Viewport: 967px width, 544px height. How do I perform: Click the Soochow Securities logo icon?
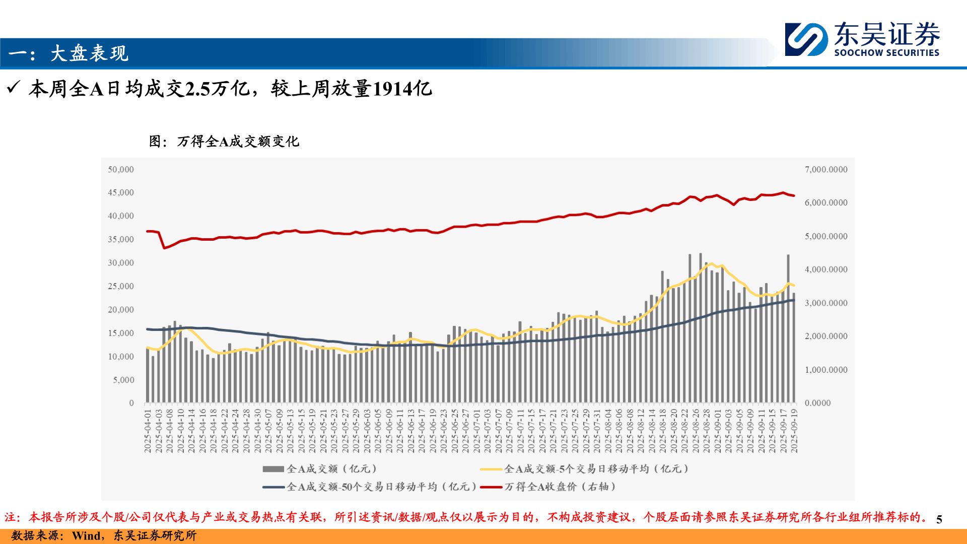[806, 39]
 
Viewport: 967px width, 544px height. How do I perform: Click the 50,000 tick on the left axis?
[121, 170]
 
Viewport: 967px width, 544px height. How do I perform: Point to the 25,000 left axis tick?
[121, 287]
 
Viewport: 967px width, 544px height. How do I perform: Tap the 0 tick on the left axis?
[131, 403]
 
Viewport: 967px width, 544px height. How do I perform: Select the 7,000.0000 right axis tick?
[826, 170]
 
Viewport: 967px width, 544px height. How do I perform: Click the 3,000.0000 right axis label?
[826, 303]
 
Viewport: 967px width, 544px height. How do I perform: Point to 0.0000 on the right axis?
[817, 403]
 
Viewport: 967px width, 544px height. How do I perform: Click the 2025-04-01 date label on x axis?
[148, 431]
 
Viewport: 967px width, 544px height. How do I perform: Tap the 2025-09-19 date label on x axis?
[794, 431]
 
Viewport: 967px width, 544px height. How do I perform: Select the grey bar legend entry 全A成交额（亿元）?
[320, 469]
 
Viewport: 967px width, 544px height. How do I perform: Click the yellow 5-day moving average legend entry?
[584, 469]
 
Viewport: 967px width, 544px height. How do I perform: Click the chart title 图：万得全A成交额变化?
[224, 142]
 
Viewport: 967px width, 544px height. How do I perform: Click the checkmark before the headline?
[14, 88]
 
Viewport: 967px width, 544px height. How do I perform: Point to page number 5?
[939, 519]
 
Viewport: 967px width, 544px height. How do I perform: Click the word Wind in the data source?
[86, 535]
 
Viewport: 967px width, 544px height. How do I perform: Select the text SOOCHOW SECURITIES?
[886, 53]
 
